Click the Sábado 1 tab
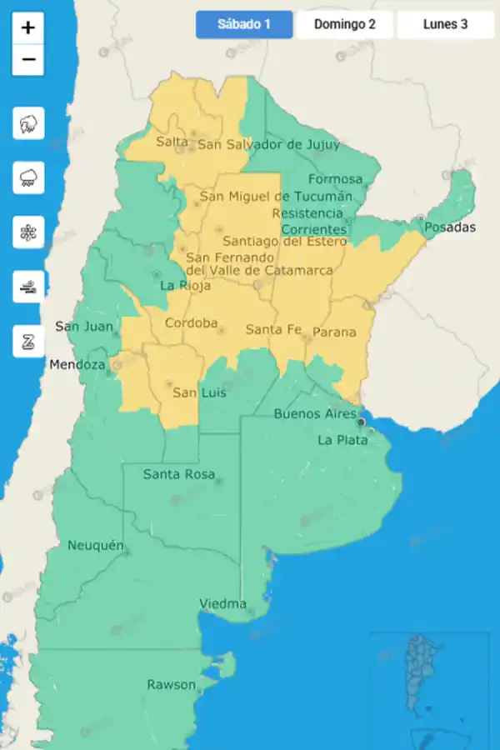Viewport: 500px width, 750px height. [x=244, y=24]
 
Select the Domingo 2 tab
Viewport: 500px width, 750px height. [x=345, y=24]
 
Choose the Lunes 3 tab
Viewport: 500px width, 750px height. [x=445, y=24]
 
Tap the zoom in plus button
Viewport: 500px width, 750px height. [x=28, y=27]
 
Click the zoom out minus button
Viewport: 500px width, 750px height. [x=28, y=59]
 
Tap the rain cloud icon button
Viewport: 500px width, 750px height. [x=28, y=177]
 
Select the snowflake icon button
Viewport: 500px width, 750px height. [x=28, y=232]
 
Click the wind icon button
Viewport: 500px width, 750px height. [x=28, y=287]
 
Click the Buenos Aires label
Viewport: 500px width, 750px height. [x=315, y=414]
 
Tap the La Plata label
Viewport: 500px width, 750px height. [x=342, y=440]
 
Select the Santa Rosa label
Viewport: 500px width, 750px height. [x=178, y=475]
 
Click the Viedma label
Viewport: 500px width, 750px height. [x=222, y=603]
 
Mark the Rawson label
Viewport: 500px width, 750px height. [x=171, y=685]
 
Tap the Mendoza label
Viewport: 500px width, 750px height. [x=77, y=365]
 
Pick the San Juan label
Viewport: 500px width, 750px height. [x=83, y=327]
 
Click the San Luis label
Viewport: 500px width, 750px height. [x=199, y=392]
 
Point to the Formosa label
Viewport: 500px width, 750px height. [x=335, y=179]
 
